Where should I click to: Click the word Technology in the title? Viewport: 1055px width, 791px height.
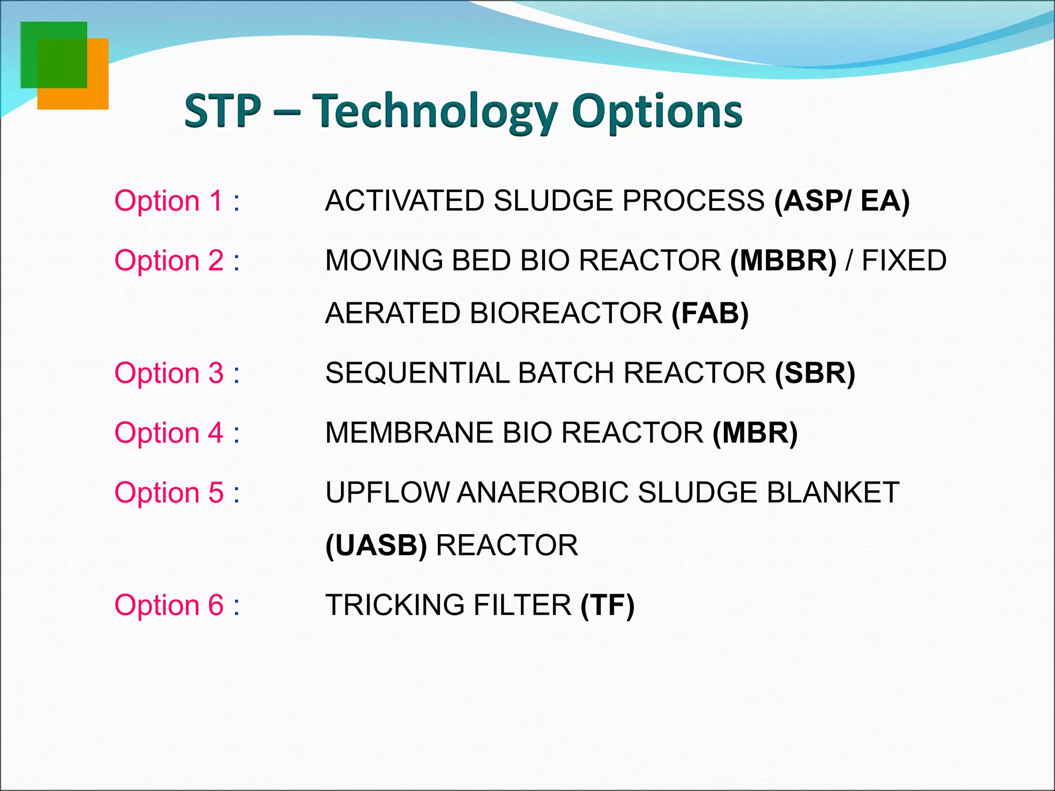pyautogui.click(x=435, y=111)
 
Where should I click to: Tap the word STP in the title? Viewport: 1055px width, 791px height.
pyautogui.click(x=223, y=111)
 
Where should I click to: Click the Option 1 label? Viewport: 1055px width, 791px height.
pyautogui.click(x=177, y=201)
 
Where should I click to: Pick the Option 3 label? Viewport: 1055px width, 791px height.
pyautogui.click(x=177, y=373)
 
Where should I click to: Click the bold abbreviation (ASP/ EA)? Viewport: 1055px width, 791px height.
pyautogui.click(x=842, y=201)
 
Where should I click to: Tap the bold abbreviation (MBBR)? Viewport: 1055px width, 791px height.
pyautogui.click(x=783, y=261)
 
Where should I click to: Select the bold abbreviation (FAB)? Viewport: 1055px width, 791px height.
pyautogui.click(x=710, y=313)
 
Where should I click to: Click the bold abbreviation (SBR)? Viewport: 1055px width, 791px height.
pyautogui.click(x=815, y=373)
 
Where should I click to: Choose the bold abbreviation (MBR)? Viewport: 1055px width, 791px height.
pyautogui.click(x=755, y=433)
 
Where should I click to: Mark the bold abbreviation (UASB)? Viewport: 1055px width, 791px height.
pyautogui.click(x=376, y=545)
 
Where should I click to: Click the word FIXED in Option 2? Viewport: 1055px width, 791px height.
pyautogui.click(x=904, y=261)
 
